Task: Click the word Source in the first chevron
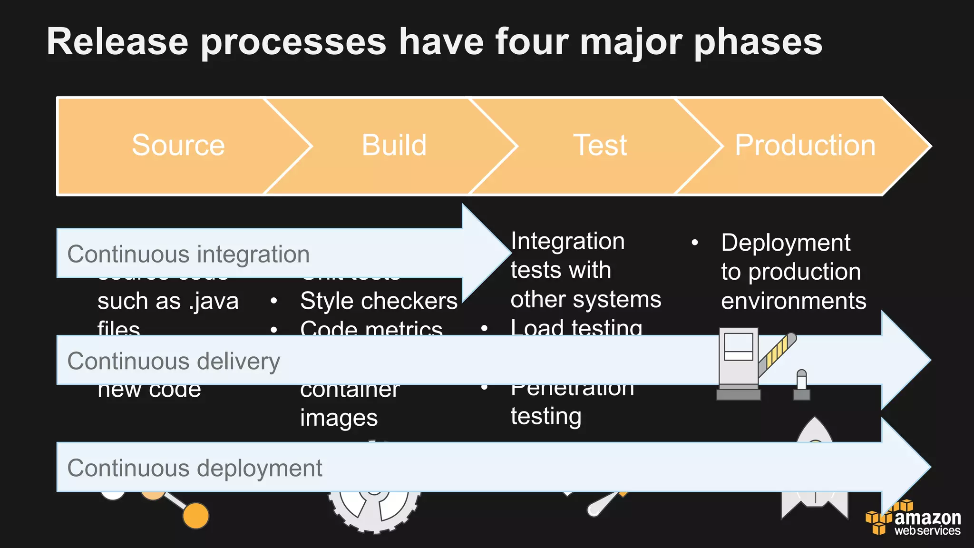(x=178, y=145)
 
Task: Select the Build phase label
(x=394, y=145)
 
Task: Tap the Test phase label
(x=600, y=145)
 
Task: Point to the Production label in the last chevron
(x=805, y=145)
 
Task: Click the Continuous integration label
(x=188, y=254)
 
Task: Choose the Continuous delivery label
(x=174, y=361)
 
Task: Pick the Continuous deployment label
(x=195, y=468)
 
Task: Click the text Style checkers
(x=379, y=301)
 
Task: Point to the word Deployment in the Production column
(x=785, y=243)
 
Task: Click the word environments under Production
(x=793, y=301)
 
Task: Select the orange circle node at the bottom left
(x=196, y=516)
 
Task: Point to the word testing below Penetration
(x=545, y=416)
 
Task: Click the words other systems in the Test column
(x=585, y=300)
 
